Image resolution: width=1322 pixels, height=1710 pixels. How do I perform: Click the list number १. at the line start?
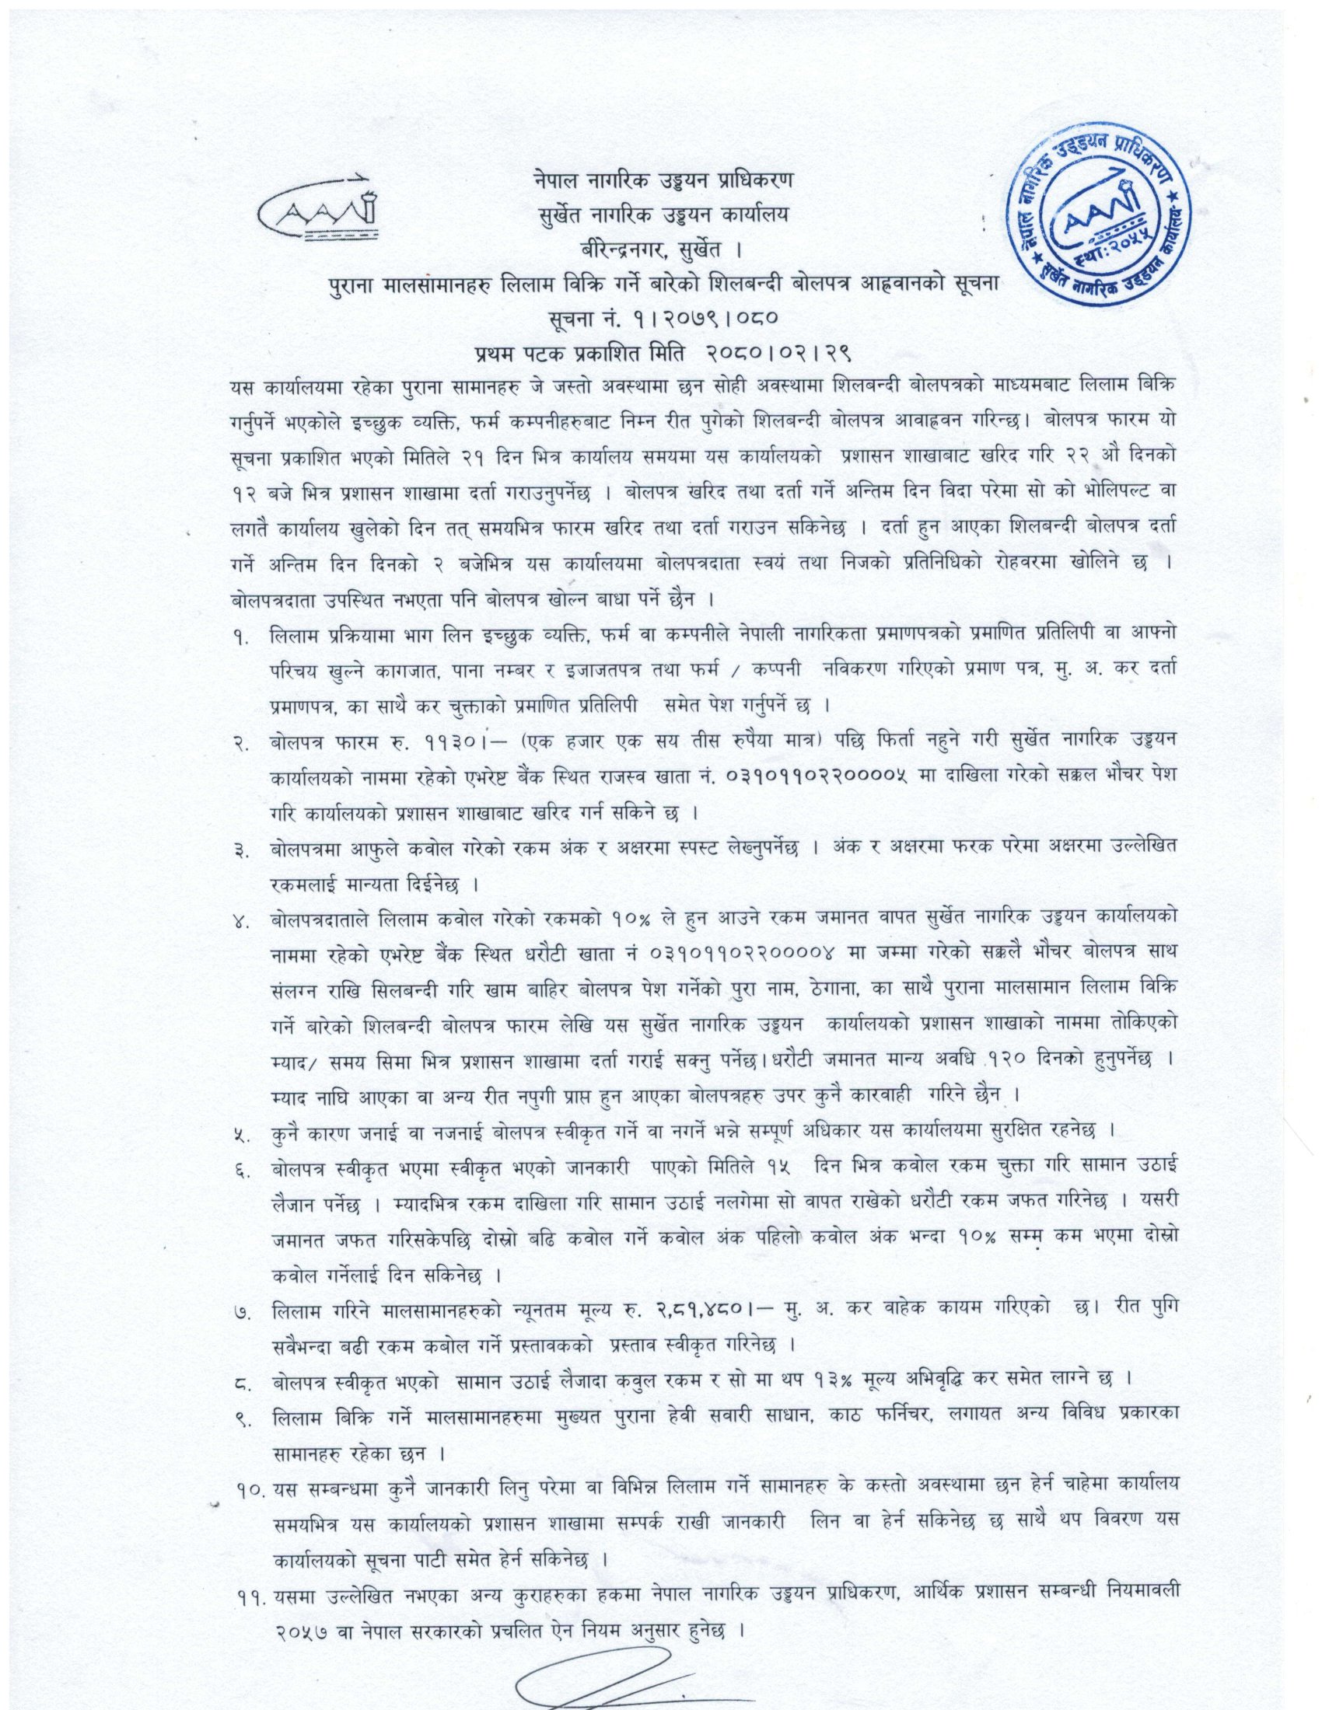238,637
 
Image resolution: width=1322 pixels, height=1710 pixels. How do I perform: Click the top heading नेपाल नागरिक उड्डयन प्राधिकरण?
660,180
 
